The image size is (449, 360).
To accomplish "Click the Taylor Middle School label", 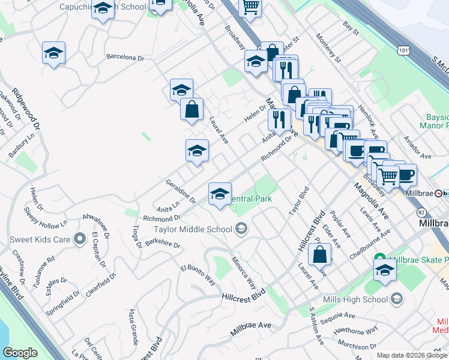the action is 193,229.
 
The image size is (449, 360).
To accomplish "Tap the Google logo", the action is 20,353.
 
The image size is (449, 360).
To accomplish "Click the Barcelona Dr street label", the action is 125,58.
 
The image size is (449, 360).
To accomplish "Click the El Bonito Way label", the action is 197,273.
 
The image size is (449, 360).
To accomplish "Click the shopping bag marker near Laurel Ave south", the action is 320,254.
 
